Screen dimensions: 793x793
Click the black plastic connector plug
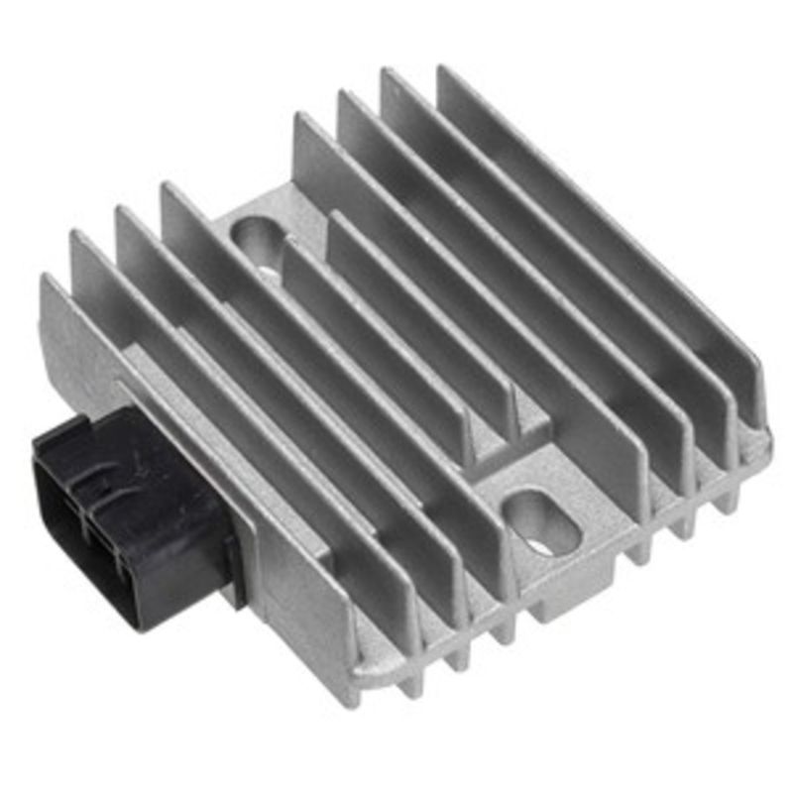129,515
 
